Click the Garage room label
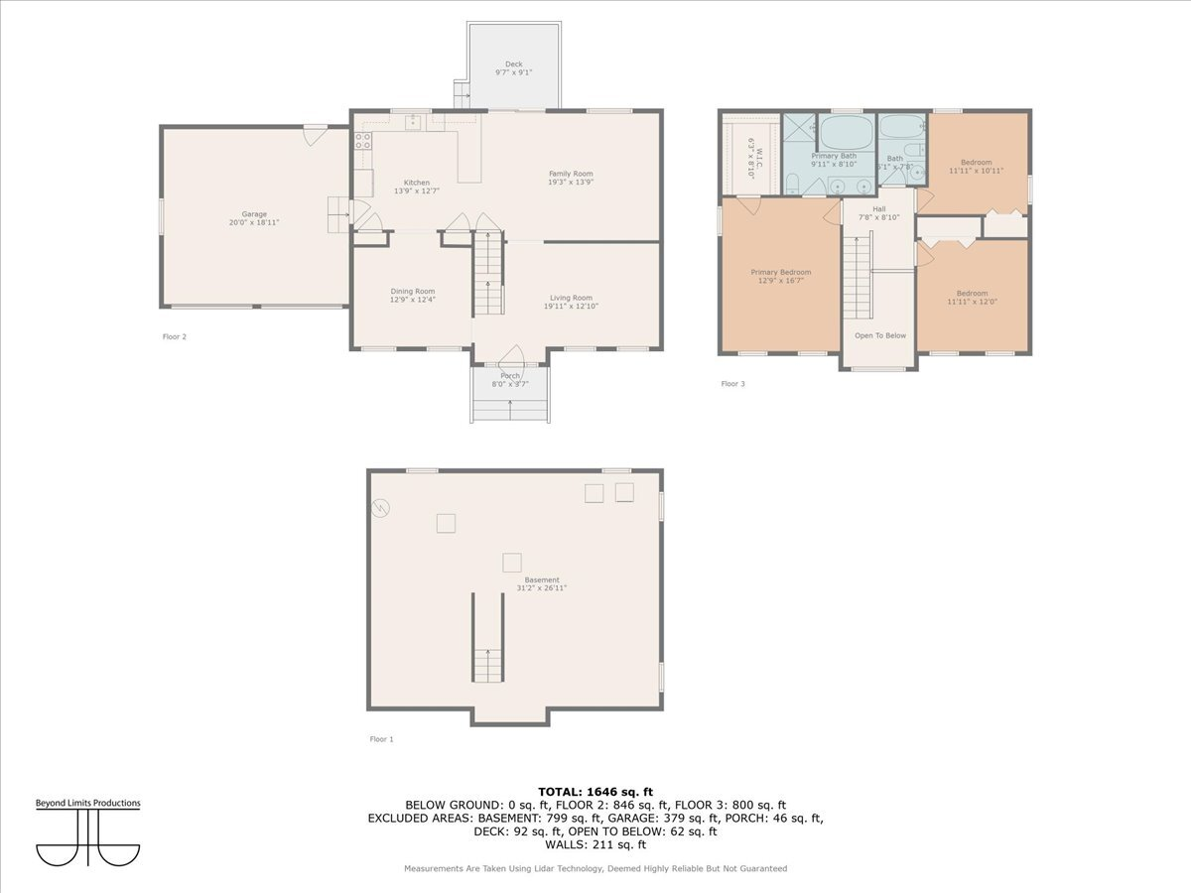point(254,214)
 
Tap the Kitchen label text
point(417,183)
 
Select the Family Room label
point(571,174)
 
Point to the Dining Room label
point(412,292)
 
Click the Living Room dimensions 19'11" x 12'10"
point(571,307)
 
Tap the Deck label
point(513,64)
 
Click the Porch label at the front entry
point(510,376)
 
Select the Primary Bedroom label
point(780,272)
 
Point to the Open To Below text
point(880,335)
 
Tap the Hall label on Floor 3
point(878,209)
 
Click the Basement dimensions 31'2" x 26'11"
point(542,588)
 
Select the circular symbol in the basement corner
point(381,508)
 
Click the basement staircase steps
point(487,666)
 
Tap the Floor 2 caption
point(175,336)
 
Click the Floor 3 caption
point(732,383)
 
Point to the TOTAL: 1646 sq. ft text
point(595,791)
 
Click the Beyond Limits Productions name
point(88,803)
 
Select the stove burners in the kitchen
point(363,140)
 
